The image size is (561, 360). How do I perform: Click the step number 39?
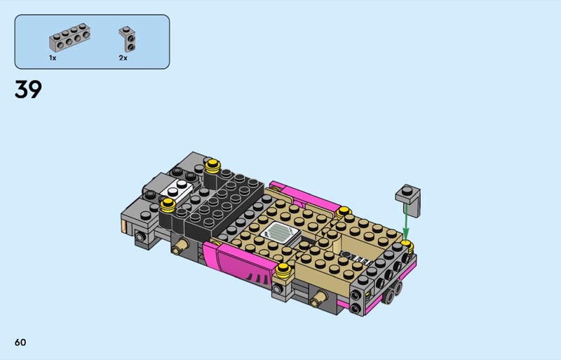[x=28, y=89]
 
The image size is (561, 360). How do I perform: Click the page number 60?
[x=20, y=342]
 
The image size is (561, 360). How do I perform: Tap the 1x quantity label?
[x=53, y=58]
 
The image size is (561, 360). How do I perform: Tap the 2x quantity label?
[x=123, y=58]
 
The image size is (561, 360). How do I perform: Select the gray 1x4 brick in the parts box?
[x=69, y=37]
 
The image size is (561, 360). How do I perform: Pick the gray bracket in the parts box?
[x=128, y=39]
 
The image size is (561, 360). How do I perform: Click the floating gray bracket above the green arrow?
[x=408, y=200]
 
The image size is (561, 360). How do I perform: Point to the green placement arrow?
[x=406, y=222]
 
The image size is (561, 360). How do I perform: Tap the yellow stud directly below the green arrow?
[x=407, y=246]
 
